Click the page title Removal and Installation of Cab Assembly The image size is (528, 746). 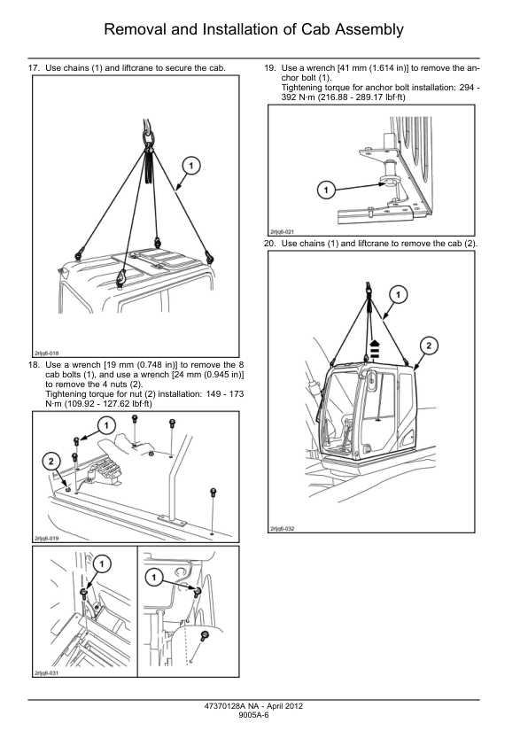(253, 29)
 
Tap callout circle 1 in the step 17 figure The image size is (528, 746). (191, 166)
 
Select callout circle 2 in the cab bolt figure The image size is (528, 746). (51, 461)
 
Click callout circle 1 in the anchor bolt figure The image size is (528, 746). (326, 190)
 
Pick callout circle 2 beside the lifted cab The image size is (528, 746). (429, 346)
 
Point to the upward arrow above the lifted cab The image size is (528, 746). (375, 350)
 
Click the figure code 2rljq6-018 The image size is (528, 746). (46, 354)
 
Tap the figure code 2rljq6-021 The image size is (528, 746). (282, 232)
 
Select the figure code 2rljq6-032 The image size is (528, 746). (282, 529)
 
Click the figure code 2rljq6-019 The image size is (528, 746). (46, 539)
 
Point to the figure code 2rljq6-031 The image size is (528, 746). (46, 673)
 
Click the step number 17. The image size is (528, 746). (34, 68)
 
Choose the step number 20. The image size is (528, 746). (269, 244)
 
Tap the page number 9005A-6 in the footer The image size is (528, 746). (253, 715)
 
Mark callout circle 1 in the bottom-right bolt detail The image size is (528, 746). (153, 578)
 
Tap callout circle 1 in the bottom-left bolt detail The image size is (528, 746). (101, 564)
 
